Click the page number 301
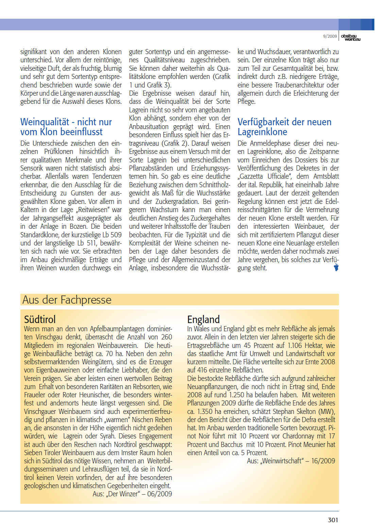pos(333,520)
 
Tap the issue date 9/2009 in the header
pos(330,36)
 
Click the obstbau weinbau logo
pos(351,37)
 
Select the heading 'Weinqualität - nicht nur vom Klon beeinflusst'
pos(66,127)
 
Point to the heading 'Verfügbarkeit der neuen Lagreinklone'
pos(284,127)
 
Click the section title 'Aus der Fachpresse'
pos(67,300)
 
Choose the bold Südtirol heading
pos(40,319)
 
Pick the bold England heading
pos(203,319)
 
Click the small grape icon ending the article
pos(336,267)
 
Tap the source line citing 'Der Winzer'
pos(132,494)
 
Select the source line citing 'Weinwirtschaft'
pos(291,461)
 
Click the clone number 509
pos(116,235)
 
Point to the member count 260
pos(166,337)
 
